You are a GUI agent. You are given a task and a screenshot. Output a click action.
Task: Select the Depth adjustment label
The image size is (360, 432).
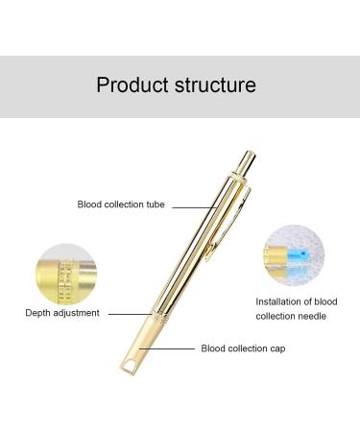pyautogui.click(x=61, y=313)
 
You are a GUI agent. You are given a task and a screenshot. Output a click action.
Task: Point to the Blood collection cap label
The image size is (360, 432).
pyautogui.click(x=241, y=348)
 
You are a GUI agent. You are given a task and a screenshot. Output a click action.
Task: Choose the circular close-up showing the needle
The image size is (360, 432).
pyautogui.click(x=294, y=257)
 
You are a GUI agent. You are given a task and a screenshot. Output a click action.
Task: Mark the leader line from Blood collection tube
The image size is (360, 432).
pyautogui.click(x=192, y=204)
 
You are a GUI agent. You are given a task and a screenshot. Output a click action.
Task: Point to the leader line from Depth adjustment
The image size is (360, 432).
pyautogui.click(x=130, y=313)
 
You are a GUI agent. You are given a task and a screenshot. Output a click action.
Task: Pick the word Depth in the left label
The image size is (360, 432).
pyautogui.click(x=38, y=313)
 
